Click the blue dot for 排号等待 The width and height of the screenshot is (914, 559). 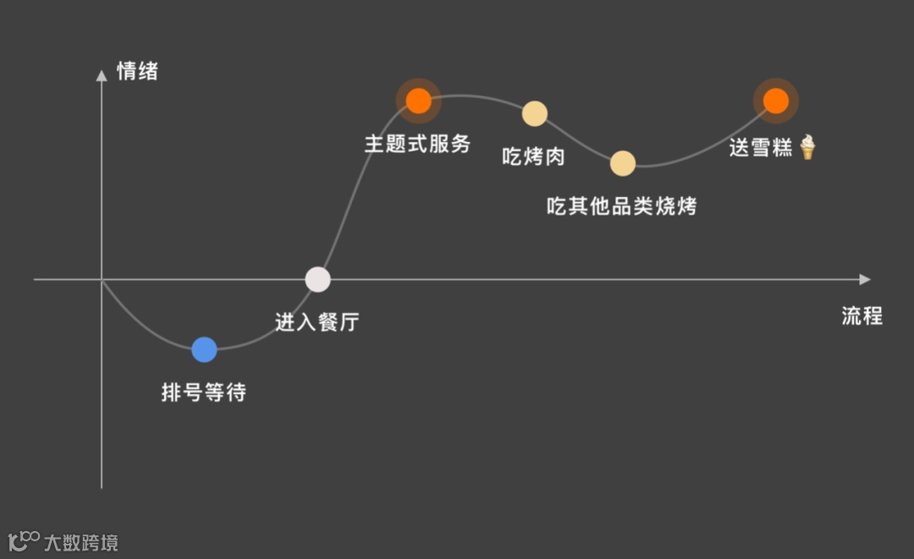pos(204,349)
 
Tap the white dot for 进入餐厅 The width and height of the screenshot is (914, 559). pos(317,279)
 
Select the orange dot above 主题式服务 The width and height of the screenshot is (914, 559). pos(418,101)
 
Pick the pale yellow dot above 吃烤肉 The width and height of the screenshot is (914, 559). pos(535,113)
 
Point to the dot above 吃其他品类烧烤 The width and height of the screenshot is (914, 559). pos(623,163)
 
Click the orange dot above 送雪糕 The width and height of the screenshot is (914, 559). pos(775,101)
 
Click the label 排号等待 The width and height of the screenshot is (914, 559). pos(204,392)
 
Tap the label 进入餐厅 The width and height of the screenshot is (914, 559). pos(317,322)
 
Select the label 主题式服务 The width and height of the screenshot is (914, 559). pos(417,144)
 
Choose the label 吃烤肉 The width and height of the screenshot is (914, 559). pos(533,156)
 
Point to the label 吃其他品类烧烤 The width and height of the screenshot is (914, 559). pos(622,206)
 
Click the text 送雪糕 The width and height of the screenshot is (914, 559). pos(761,147)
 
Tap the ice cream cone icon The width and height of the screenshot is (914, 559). pos(807,147)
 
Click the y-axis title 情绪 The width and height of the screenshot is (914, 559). pos(137,71)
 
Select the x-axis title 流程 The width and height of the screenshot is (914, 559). pos(862,316)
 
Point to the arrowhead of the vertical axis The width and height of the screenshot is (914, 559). pos(102,75)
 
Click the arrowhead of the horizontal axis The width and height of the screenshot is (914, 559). pos(864,279)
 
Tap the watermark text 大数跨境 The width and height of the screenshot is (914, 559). pos(81,542)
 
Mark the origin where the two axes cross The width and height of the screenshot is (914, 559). pos(102,279)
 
